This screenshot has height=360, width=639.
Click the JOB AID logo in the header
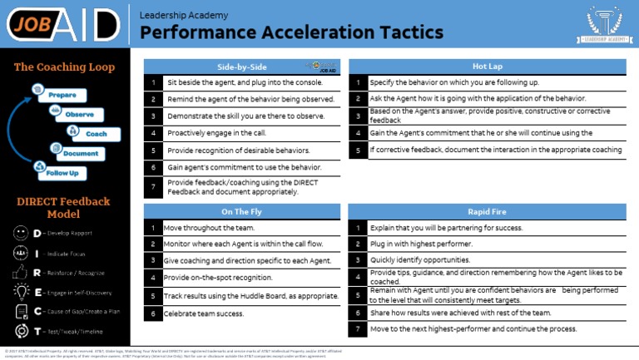click(x=63, y=23)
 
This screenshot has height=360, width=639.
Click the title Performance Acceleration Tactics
click(x=291, y=32)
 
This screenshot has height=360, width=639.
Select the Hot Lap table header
click(x=487, y=66)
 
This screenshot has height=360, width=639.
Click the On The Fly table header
click(x=242, y=211)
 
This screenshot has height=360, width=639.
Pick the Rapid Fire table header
click(x=486, y=211)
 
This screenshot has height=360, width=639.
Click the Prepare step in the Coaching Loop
click(x=62, y=95)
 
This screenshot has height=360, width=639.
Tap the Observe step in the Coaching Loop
click(x=79, y=114)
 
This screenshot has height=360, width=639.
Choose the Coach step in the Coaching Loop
click(x=96, y=133)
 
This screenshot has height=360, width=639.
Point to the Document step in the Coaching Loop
click(x=80, y=153)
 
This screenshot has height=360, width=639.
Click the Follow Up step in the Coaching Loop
click(x=62, y=173)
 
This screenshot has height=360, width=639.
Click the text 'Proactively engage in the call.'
click(x=216, y=133)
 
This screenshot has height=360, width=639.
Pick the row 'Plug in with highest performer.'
click(x=421, y=244)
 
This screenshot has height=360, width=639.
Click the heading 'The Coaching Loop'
click(x=64, y=67)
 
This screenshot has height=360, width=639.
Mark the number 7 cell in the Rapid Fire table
click(x=357, y=329)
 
